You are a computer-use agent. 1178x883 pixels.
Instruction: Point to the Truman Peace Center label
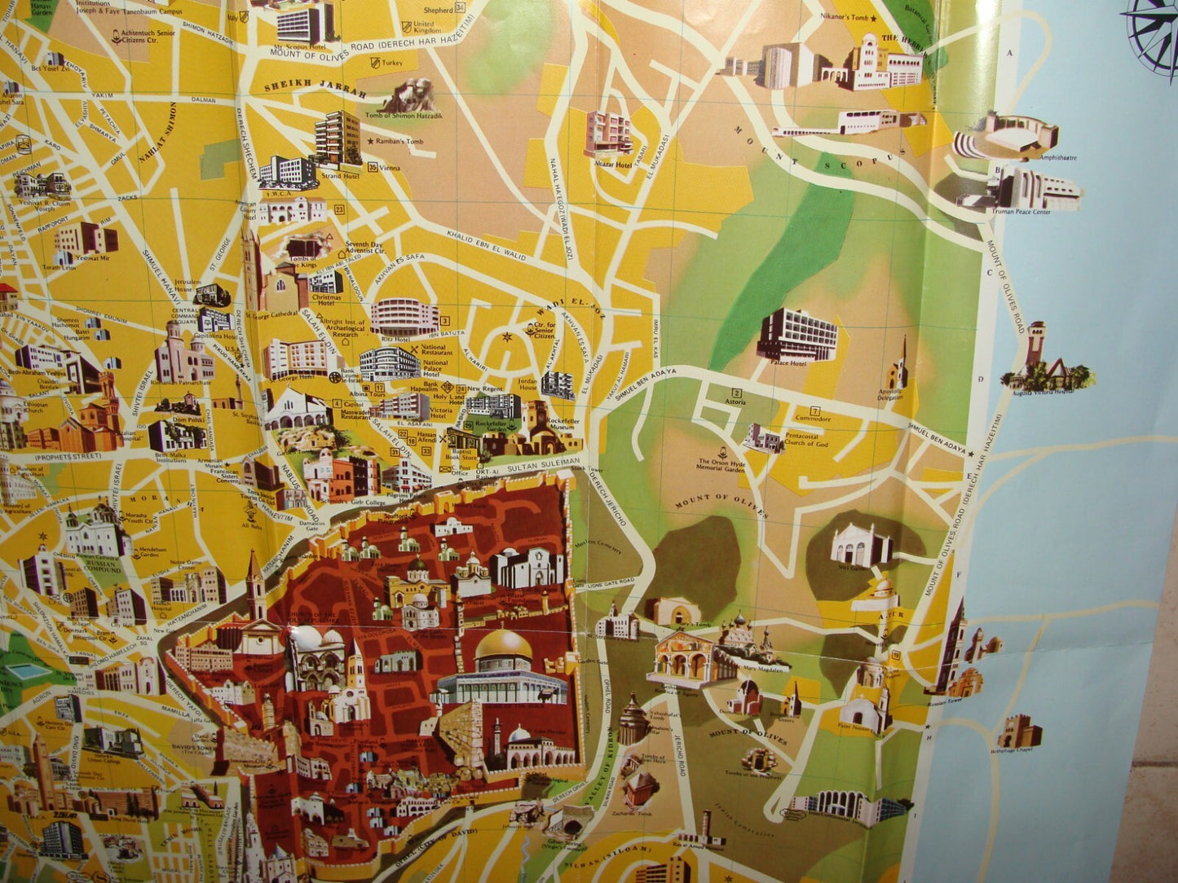[x=1021, y=212]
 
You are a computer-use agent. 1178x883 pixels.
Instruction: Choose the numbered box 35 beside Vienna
[x=373, y=168]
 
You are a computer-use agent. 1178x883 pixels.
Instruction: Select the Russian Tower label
[x=943, y=700]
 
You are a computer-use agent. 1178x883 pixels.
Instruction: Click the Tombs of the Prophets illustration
[x=759, y=760]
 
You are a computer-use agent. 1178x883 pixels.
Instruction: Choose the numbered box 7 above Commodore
[x=814, y=411]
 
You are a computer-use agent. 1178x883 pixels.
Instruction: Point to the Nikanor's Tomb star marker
[x=874, y=18]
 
